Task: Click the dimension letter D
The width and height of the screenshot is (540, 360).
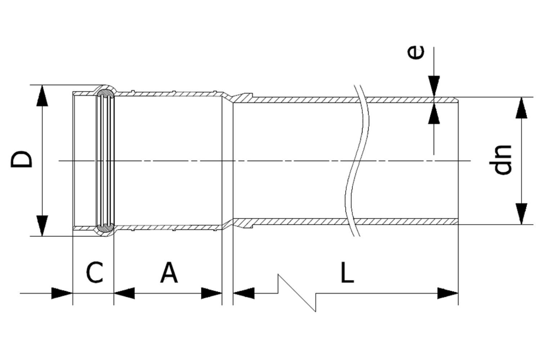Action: [22, 160]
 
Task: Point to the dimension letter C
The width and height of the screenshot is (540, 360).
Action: [95, 273]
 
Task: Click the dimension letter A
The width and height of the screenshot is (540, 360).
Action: [169, 273]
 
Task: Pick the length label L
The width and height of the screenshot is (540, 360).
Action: [347, 273]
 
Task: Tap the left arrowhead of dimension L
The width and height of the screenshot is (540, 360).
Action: [244, 293]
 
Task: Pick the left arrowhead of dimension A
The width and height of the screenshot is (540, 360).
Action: [124, 293]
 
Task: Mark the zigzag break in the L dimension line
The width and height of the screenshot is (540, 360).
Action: [297, 293]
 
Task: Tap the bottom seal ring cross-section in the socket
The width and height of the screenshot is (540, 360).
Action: [106, 228]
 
